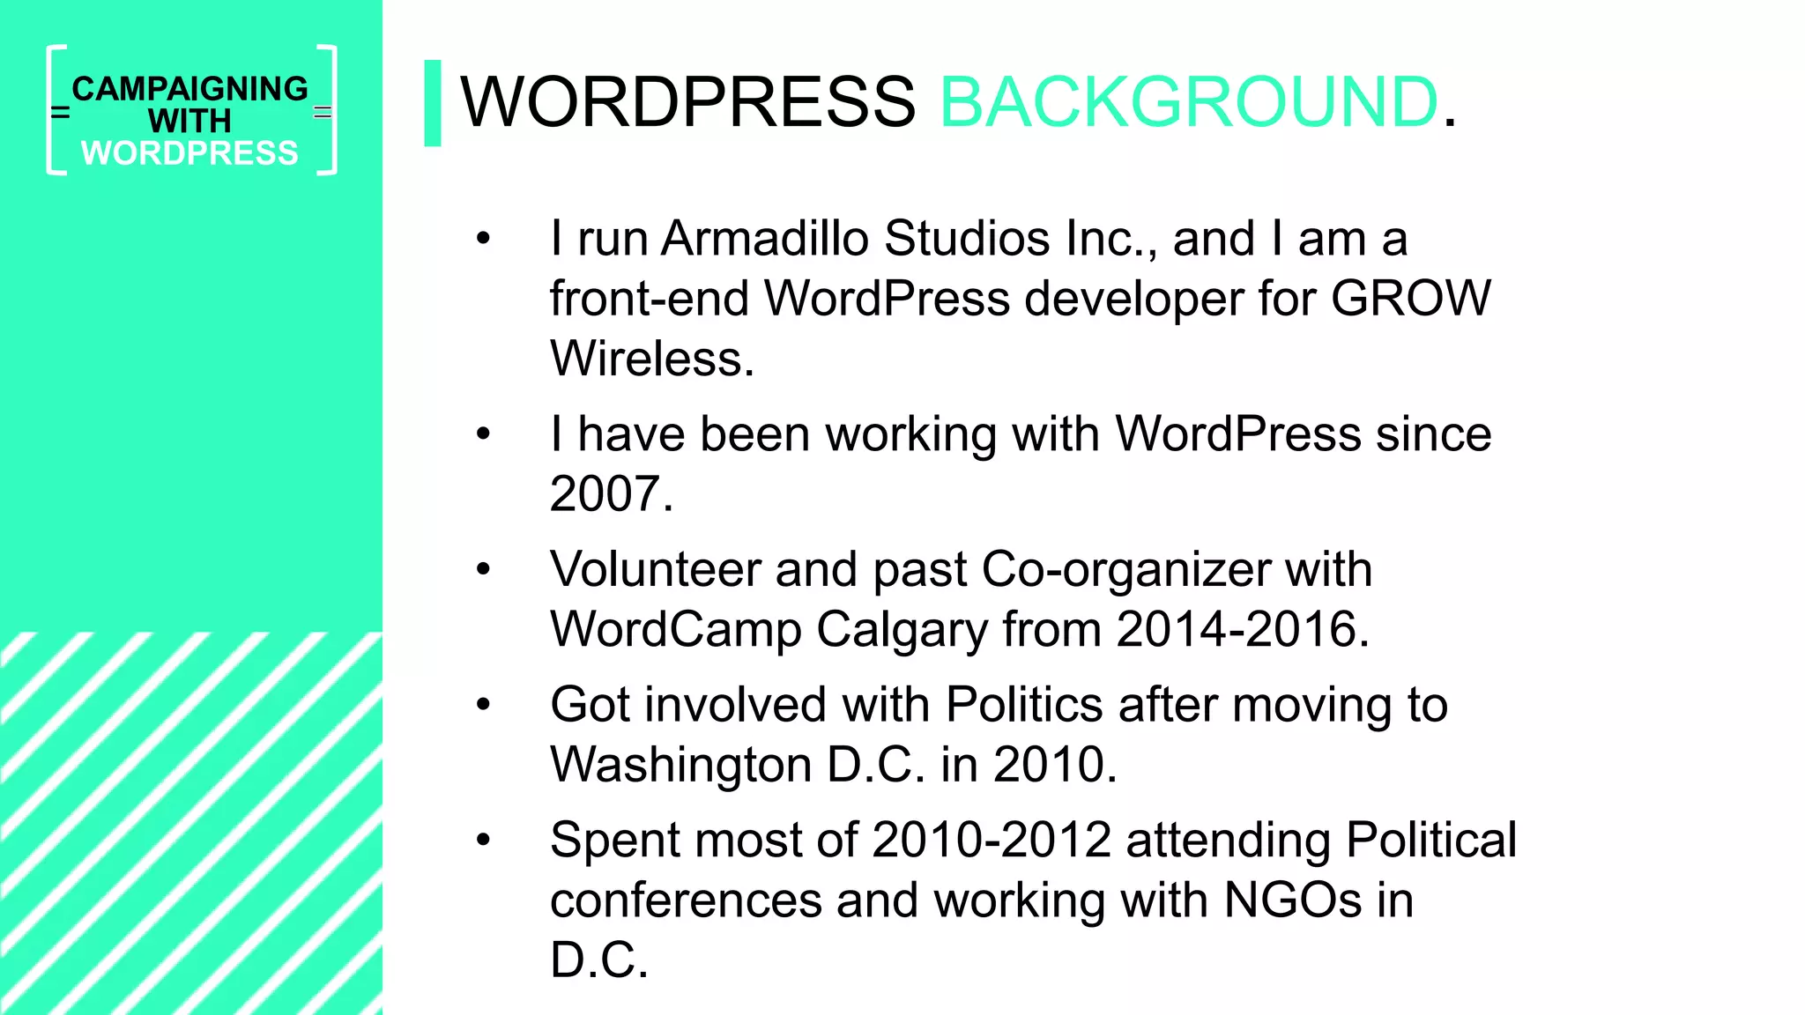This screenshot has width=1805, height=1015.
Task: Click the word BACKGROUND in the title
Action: pos(1189,102)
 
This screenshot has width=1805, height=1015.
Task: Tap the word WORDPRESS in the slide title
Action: pos(687,102)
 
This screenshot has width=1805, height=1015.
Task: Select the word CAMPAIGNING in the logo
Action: pos(190,89)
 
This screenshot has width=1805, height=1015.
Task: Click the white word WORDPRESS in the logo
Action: pos(190,153)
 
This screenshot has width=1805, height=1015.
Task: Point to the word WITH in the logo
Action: pos(190,121)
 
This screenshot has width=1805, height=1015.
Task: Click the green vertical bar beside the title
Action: pos(432,103)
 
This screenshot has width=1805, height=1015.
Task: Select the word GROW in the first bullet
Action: pos(1410,299)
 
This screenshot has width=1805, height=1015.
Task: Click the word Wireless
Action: pos(651,359)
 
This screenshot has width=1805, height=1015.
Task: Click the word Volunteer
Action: pos(655,569)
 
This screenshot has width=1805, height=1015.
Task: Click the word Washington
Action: pos(680,765)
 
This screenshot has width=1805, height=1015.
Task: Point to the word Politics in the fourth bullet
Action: pos(1024,705)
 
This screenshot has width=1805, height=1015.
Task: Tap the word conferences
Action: pos(686,900)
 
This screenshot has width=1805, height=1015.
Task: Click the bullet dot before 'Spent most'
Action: pos(483,840)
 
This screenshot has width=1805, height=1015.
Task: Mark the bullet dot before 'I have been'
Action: pos(483,434)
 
